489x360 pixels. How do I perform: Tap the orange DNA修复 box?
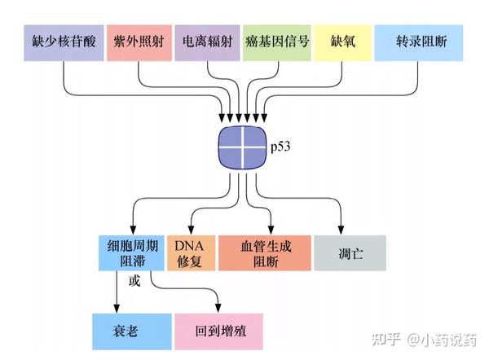click(192, 252)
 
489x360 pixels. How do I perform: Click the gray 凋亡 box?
click(350, 252)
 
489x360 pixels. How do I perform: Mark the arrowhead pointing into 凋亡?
click(341, 230)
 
